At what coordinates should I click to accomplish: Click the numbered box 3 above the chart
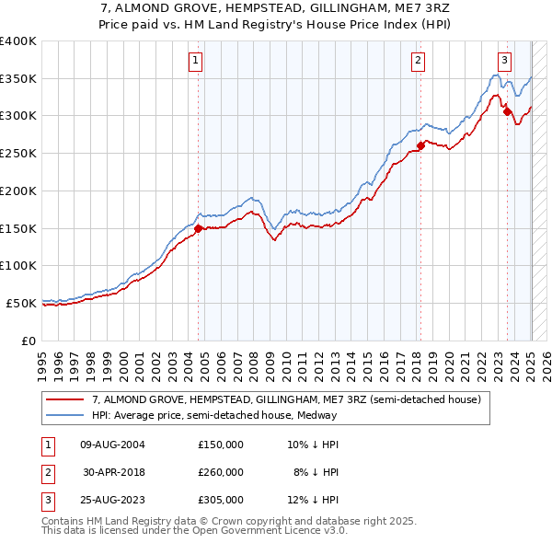tap(504, 61)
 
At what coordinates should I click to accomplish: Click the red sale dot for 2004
tap(198, 227)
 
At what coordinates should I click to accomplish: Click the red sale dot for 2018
tap(420, 144)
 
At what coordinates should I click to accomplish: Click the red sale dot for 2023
tap(507, 111)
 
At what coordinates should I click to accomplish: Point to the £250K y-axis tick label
tap(18, 153)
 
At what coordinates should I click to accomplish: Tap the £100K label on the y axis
tap(18, 265)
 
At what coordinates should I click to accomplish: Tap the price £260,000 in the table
tap(221, 472)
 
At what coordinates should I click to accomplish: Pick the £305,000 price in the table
tap(221, 500)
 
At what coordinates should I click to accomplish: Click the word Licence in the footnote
tap(285, 531)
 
